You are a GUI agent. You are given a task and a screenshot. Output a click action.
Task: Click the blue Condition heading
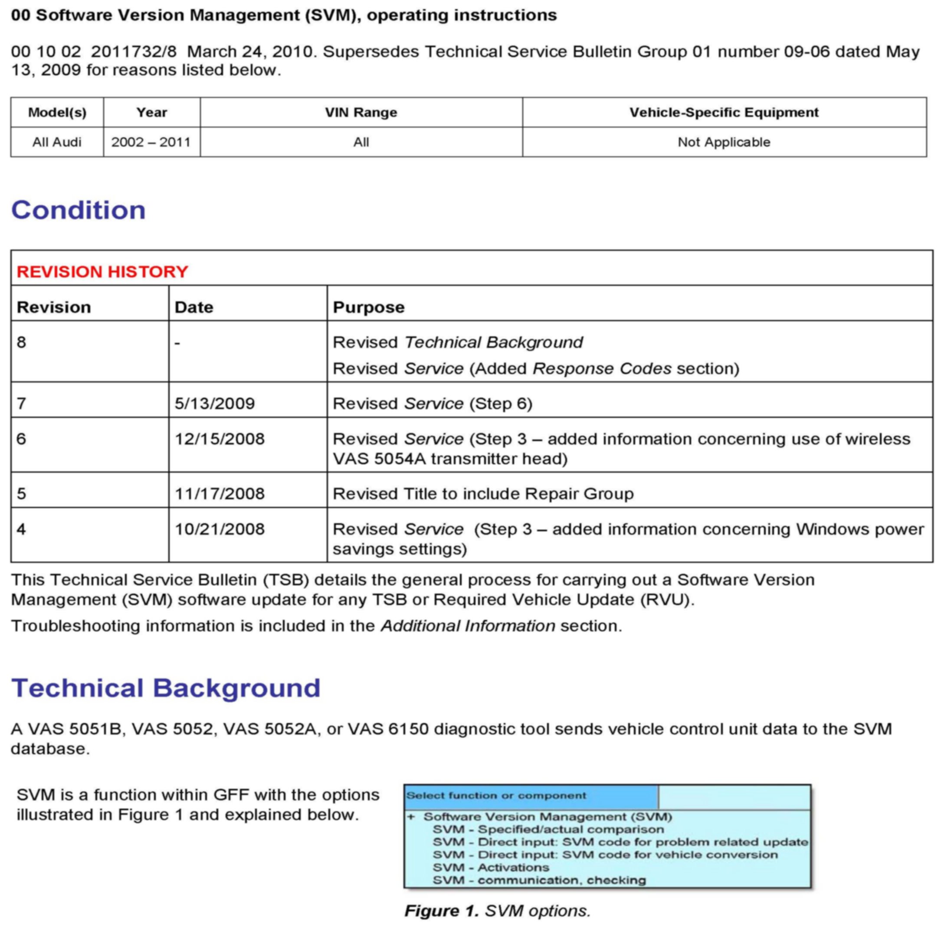click(78, 210)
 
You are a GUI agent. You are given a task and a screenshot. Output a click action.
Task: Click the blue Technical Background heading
click(166, 688)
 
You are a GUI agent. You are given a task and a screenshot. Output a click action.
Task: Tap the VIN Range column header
click(361, 112)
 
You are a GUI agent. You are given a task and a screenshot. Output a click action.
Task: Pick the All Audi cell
click(56, 142)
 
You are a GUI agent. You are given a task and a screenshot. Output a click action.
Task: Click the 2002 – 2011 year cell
click(151, 142)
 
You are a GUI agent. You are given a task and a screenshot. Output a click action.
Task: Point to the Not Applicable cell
click(724, 142)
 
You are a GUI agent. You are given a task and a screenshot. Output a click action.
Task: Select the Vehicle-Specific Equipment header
click(724, 112)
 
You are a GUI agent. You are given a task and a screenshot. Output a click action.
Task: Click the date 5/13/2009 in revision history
click(214, 404)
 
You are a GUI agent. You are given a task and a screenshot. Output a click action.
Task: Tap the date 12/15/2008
click(219, 439)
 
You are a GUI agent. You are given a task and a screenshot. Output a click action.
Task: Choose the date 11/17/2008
click(219, 494)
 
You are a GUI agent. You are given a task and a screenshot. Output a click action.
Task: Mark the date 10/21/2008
click(219, 529)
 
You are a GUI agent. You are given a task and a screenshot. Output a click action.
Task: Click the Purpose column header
click(368, 307)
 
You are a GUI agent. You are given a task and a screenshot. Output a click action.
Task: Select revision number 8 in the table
click(21, 342)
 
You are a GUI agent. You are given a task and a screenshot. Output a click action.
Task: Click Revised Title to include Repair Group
click(483, 494)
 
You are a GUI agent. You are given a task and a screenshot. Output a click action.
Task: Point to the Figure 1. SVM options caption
click(497, 911)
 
